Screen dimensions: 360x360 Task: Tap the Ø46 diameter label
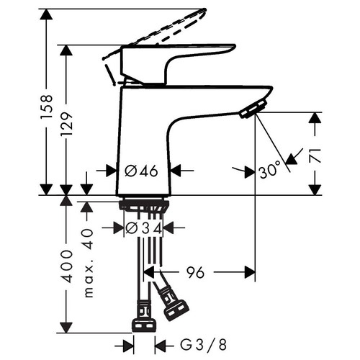point(141,171)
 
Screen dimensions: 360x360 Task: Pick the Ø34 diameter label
point(143,228)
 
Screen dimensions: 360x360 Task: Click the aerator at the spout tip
point(253,109)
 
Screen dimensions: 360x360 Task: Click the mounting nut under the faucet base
point(144,207)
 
